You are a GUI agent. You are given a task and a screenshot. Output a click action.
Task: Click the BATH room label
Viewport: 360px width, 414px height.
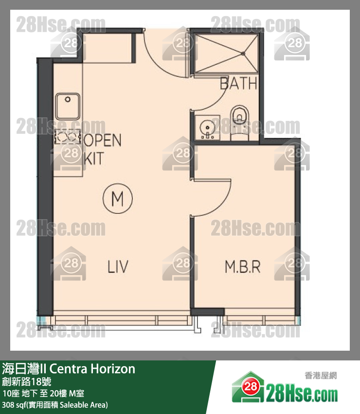point(238,83)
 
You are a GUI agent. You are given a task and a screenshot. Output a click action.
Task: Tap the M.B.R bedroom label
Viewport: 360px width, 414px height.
point(243,267)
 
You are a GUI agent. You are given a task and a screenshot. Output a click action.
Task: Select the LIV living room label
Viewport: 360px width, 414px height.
point(118,266)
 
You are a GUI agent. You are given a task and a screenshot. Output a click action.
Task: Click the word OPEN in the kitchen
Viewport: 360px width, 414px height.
point(102,140)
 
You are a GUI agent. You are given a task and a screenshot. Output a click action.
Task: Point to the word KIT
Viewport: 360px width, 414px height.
point(93,158)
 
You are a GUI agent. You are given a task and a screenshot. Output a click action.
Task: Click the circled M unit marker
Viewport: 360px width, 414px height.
point(118,198)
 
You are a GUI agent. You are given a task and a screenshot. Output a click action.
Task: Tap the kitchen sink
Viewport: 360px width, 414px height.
point(68,106)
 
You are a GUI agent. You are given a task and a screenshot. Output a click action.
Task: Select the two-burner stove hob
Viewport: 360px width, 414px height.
point(68,136)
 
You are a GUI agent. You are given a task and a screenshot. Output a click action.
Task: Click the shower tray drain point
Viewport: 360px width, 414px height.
point(243,54)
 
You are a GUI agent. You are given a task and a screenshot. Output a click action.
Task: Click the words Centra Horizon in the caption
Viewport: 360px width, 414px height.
point(92,369)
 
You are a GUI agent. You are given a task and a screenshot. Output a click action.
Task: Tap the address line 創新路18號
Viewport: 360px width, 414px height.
point(26,381)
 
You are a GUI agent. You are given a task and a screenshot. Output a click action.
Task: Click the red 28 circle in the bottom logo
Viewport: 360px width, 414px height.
point(250,387)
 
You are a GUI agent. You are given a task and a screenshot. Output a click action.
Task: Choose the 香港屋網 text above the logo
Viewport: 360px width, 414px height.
point(321,376)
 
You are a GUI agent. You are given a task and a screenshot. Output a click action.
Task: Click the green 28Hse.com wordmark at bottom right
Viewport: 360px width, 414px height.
point(302,394)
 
